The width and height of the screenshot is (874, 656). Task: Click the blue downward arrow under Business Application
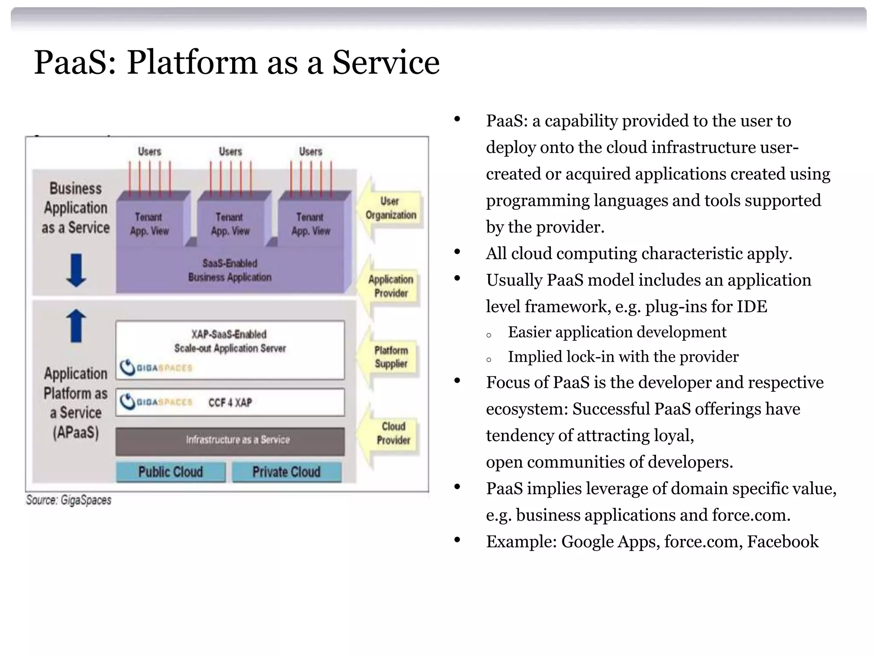click(76, 270)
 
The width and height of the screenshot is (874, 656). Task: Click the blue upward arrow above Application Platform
click(76, 325)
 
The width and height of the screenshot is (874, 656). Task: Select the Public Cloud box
click(170, 472)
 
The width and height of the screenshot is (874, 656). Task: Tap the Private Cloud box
click(286, 472)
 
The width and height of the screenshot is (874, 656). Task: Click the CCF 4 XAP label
click(230, 403)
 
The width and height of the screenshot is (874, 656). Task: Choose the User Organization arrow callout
click(390, 208)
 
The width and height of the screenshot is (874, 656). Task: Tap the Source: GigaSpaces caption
click(69, 500)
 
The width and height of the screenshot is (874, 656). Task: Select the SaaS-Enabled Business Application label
click(230, 270)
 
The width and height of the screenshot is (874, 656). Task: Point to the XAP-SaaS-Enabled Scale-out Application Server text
click(230, 341)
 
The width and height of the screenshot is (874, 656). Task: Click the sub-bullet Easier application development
click(617, 332)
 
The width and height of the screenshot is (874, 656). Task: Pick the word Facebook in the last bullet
click(783, 542)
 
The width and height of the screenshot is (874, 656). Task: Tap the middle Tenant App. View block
click(230, 224)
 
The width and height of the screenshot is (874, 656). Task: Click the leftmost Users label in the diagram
click(149, 152)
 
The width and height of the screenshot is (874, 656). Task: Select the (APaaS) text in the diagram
click(76, 433)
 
